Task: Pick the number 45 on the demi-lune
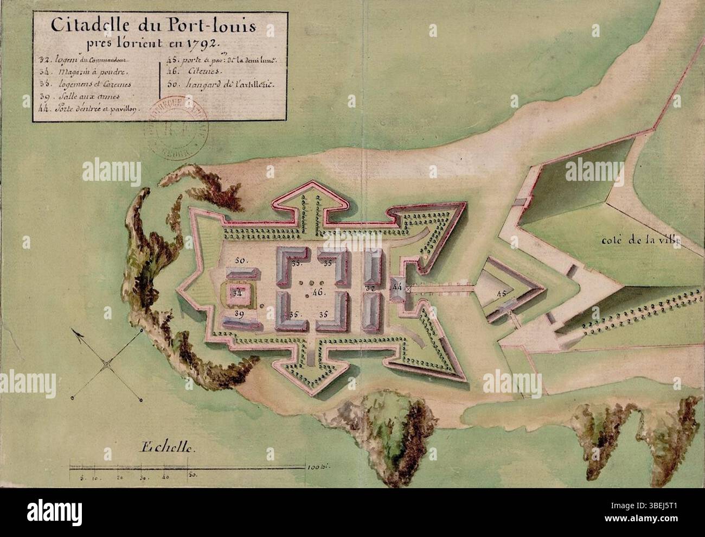[502, 295]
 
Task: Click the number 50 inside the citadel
[241, 261]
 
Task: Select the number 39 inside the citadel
[239, 314]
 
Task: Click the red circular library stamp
[168, 130]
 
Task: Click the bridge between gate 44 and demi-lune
[440, 289]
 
